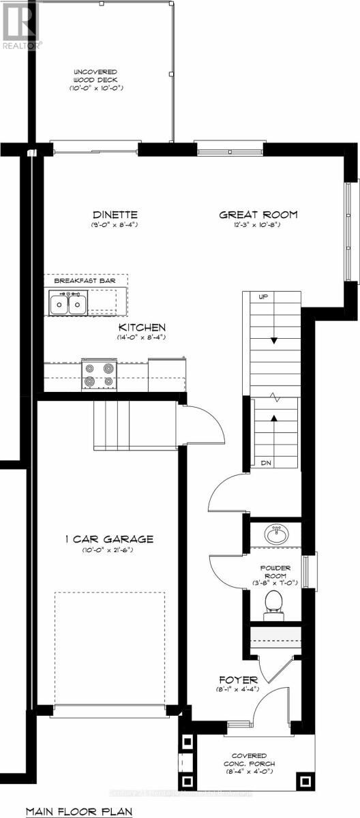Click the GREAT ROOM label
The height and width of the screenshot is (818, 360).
258,215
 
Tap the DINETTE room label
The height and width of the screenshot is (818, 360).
114,214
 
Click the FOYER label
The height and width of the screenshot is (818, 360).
238,680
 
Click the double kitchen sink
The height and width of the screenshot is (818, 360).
67,302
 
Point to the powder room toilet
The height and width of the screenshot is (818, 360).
273,602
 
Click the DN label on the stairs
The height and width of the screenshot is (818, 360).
267,463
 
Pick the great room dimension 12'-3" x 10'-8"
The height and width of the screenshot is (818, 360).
258,226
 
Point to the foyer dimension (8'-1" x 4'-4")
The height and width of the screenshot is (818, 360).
238,691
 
